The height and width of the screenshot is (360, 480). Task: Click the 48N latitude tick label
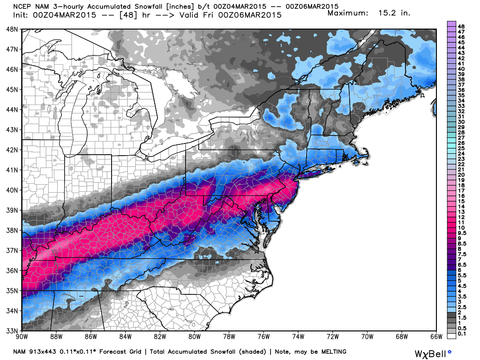(x=12, y=29)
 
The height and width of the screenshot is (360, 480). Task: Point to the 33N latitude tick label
(x=12, y=330)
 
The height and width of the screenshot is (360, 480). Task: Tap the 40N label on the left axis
(x=12, y=190)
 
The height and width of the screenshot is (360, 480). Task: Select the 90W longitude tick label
(x=22, y=336)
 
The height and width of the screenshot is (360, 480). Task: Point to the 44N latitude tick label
(x=12, y=110)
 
